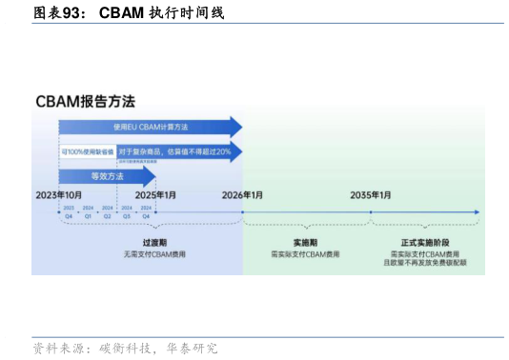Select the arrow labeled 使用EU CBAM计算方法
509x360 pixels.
click(x=150, y=127)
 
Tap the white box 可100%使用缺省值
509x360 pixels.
click(x=88, y=152)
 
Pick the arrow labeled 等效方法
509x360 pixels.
click(x=107, y=176)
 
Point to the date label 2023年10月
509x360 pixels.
click(x=59, y=195)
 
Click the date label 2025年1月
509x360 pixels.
click(x=154, y=195)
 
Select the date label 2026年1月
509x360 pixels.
click(x=242, y=195)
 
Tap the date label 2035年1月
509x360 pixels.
click(x=370, y=195)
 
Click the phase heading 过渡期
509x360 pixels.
click(x=153, y=243)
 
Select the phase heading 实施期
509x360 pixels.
click(x=305, y=243)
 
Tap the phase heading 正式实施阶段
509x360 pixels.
click(x=423, y=243)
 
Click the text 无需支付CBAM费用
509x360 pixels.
click(x=153, y=254)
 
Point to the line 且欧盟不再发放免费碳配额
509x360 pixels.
click(x=423, y=264)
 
